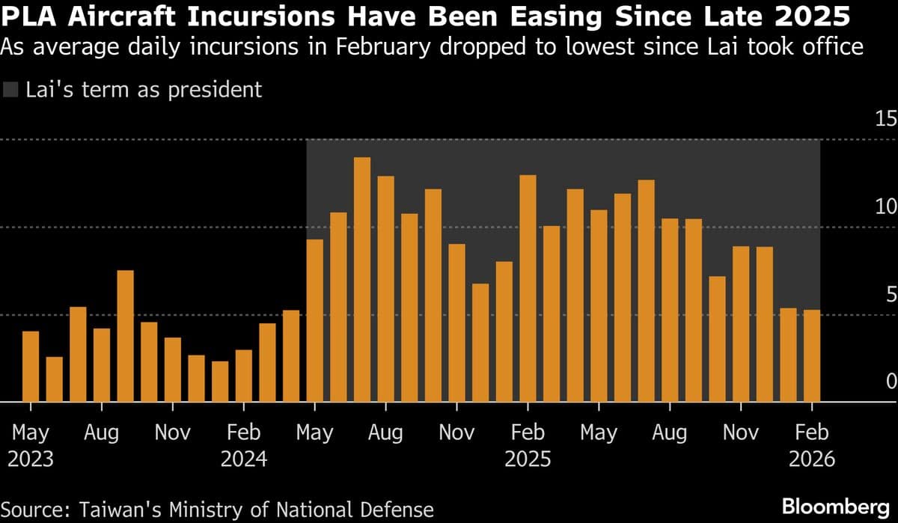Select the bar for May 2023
point(31,367)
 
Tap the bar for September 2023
point(126,336)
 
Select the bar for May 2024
point(315,321)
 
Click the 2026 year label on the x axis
point(812,458)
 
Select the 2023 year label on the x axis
point(31,458)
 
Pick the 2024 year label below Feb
point(243,458)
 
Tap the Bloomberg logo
point(836,507)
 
